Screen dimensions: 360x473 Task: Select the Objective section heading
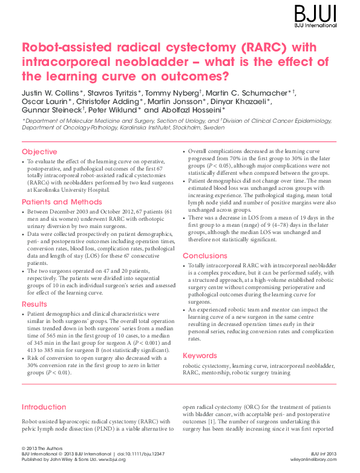pos(39,151)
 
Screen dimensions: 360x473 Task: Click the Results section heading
pos(34,304)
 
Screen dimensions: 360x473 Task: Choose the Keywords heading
pos(200,355)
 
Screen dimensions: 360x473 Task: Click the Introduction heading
pos(44,407)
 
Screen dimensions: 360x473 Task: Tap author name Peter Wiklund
pos(115,111)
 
